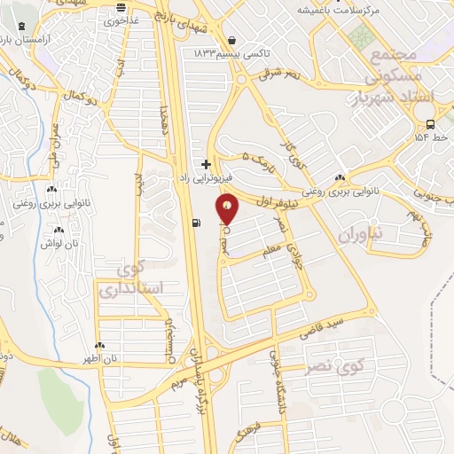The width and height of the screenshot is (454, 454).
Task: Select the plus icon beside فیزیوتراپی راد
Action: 206,164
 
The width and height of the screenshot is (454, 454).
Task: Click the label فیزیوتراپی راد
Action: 204,177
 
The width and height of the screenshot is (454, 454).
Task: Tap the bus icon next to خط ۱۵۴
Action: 430,124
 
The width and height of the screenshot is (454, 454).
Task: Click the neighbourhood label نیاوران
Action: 358,233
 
